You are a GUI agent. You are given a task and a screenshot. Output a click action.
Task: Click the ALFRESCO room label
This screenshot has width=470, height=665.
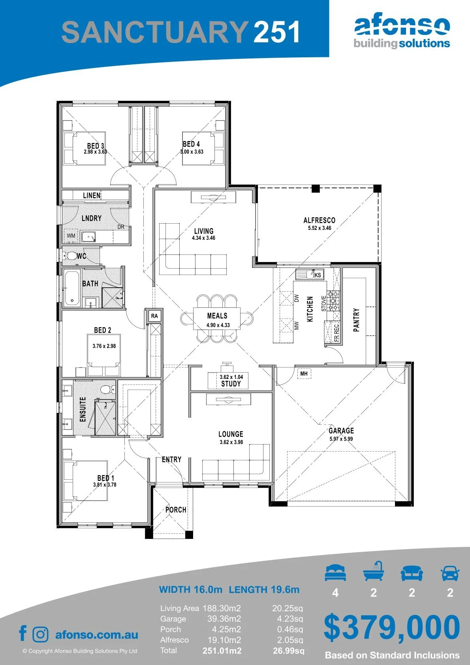pos(319,220)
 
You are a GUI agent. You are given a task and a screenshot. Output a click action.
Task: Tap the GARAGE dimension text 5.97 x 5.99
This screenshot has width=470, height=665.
pos(341,439)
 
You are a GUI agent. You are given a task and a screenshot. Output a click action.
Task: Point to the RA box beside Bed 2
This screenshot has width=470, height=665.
pos(154,316)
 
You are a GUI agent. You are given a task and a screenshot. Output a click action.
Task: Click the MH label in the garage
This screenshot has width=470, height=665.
pos(304,373)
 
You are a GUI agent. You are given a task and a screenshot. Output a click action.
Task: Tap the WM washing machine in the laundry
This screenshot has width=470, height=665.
pos(71,236)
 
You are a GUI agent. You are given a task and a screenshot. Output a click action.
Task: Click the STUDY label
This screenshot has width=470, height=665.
pos(231,384)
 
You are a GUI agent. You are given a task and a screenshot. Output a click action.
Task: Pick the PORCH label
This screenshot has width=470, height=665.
pos(176,510)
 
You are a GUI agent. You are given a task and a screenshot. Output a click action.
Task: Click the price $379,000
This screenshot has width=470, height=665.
pos(392,627)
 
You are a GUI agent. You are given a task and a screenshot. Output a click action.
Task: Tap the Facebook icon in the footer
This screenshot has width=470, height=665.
pos(23,633)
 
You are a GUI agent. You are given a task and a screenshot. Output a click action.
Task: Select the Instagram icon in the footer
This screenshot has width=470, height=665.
pos(40,635)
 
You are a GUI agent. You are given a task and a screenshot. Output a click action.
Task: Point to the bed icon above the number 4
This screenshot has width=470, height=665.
pos(335,573)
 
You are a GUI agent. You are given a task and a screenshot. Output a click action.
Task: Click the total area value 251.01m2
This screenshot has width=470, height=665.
pos(222,651)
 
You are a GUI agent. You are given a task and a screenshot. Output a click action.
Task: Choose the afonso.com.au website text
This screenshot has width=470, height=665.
pos(97,635)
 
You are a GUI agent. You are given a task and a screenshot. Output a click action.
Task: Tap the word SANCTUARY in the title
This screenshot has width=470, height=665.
pos(155,32)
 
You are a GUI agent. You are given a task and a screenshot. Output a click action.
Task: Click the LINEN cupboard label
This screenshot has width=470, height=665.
pos(92,195)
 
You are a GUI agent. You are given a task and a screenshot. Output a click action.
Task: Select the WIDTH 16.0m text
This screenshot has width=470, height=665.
pos(190,589)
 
